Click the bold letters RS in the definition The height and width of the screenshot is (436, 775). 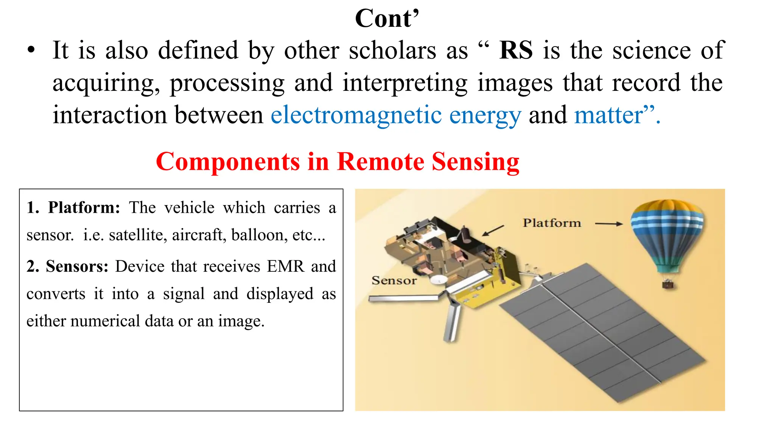(516, 50)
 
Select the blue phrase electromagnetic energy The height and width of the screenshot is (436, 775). (396, 115)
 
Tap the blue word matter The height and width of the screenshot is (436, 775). (608, 115)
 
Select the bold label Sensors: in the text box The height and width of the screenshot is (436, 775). (77, 266)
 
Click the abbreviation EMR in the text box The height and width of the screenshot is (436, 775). (285, 266)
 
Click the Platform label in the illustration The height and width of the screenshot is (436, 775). (552, 223)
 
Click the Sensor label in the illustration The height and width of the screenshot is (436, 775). (394, 280)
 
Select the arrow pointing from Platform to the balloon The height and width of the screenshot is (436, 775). (608, 224)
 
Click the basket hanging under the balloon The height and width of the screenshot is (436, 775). (668, 284)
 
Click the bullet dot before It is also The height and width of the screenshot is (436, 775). (31, 51)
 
